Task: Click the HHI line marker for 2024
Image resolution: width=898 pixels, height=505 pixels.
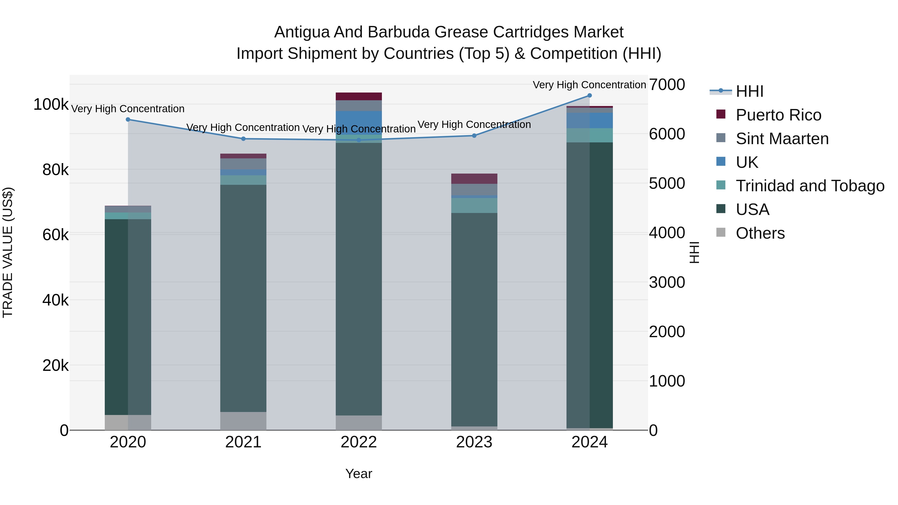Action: tap(589, 96)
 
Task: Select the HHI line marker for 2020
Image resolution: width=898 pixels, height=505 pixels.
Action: tap(128, 119)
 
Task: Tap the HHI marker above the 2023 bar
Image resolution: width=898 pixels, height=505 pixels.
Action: tap(474, 136)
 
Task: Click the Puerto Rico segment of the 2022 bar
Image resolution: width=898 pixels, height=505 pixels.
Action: tap(359, 97)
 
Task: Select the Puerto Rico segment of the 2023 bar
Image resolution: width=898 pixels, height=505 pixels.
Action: tap(474, 179)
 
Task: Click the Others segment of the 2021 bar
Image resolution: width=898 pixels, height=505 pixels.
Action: tap(243, 421)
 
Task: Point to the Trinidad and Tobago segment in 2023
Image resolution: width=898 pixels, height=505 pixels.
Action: tap(474, 206)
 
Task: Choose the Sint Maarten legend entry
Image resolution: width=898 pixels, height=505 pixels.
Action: tap(782, 139)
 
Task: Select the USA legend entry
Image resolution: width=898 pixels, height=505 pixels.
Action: tap(752, 209)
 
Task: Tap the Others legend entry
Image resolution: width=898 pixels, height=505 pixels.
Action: tap(760, 233)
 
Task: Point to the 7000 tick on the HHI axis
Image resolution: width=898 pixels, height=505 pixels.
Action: tap(667, 85)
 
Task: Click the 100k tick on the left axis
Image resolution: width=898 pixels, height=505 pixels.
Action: tap(51, 104)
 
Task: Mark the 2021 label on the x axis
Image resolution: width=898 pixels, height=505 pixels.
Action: tap(243, 442)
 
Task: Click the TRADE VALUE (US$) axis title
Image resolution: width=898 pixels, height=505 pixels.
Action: tap(8, 252)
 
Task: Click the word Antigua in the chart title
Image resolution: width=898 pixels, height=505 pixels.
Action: tap(302, 32)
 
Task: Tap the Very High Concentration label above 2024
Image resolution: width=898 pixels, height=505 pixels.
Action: tap(589, 85)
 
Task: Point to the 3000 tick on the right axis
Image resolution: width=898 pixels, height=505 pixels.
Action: tap(667, 282)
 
